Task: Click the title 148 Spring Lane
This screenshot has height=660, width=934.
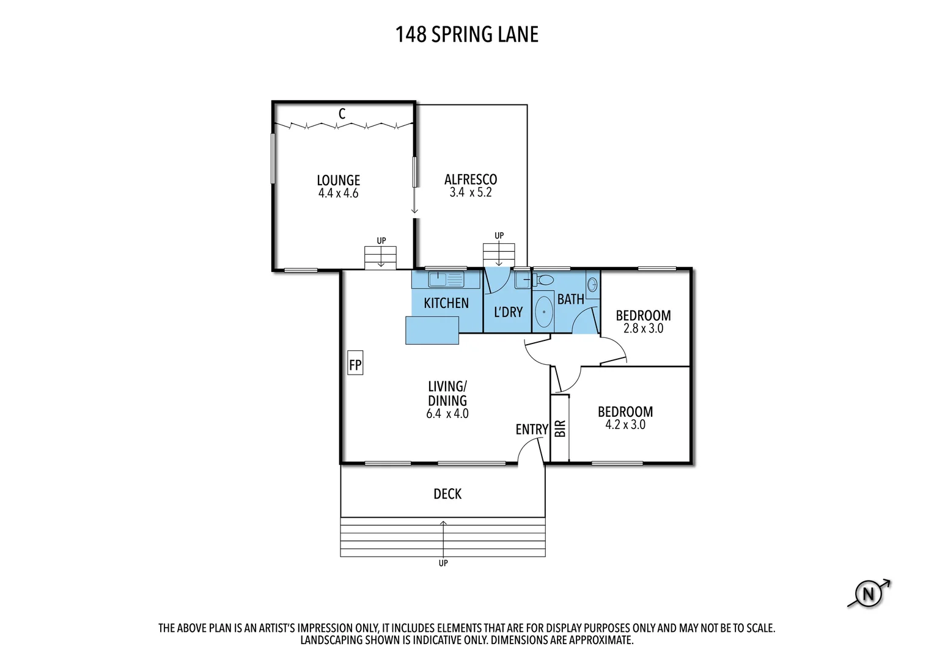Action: click(466, 35)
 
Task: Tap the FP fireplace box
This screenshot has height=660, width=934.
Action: click(355, 365)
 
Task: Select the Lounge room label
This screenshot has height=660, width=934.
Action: click(338, 180)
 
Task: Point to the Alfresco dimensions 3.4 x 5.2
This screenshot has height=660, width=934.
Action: click(470, 193)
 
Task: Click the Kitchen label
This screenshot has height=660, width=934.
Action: click(446, 303)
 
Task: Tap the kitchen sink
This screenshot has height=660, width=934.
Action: click(446, 280)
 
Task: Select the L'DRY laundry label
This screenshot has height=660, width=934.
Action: click(508, 312)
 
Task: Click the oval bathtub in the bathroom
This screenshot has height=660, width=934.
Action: click(543, 312)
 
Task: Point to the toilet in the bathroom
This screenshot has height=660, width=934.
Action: click(543, 280)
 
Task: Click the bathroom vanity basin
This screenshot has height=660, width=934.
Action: click(592, 284)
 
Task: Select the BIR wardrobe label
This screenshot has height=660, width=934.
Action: click(560, 428)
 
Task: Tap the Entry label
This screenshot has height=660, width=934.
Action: click(531, 430)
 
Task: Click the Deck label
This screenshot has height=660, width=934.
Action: click(447, 494)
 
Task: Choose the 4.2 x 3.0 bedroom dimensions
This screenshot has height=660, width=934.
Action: click(625, 425)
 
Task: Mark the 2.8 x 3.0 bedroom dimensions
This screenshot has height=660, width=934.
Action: click(643, 329)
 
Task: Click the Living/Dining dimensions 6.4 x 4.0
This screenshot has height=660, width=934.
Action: click(447, 414)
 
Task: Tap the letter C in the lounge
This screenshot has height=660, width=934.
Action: click(342, 114)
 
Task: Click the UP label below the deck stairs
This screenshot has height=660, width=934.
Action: click(443, 563)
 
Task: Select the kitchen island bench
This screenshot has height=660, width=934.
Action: click(432, 331)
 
